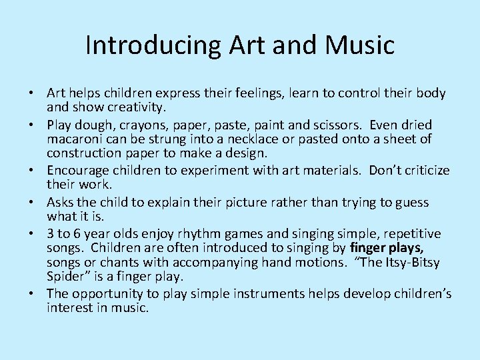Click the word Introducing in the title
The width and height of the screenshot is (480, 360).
point(153,45)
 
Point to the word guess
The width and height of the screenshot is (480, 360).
point(411,201)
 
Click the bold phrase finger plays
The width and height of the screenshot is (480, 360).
point(387,247)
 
